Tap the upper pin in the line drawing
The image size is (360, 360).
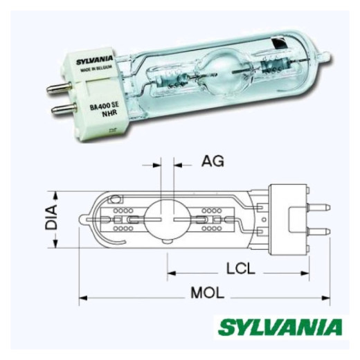pos(318,202)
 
